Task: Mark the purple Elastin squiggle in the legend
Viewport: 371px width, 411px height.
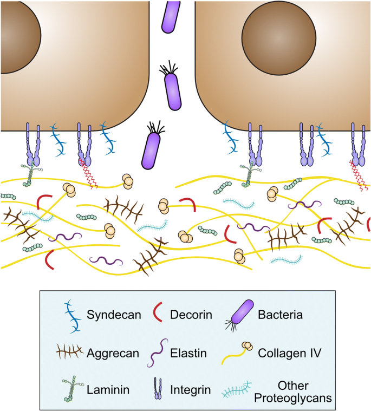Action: [x=157, y=353]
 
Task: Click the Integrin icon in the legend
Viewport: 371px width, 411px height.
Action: [x=158, y=388]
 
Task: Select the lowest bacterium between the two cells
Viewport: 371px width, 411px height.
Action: [x=151, y=149]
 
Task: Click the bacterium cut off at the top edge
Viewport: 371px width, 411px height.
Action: [x=171, y=15]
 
